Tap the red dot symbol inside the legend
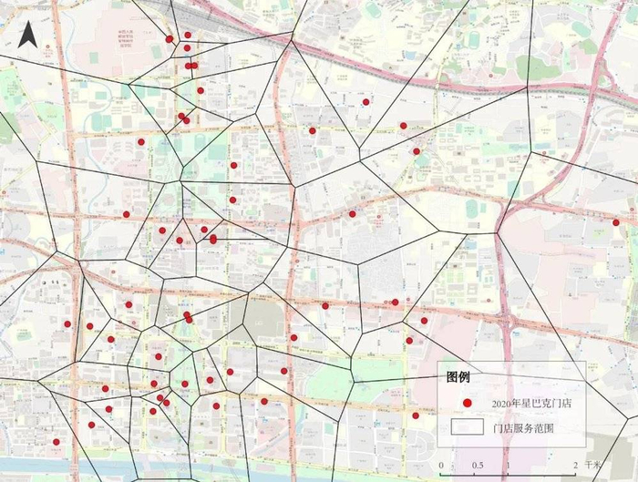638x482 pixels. pos(466,403)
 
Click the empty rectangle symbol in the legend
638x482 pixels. pos(466,426)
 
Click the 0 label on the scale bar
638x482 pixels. pos(441,465)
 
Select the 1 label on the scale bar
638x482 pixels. pos(509,465)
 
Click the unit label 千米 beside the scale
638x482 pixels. pos(593,465)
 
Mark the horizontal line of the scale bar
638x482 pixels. pos(509,453)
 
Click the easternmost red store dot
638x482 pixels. pos(616,222)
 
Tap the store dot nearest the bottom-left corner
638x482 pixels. pos(56,442)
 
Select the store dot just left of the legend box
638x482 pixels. pos(416,415)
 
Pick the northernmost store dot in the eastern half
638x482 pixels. pos(365,102)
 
